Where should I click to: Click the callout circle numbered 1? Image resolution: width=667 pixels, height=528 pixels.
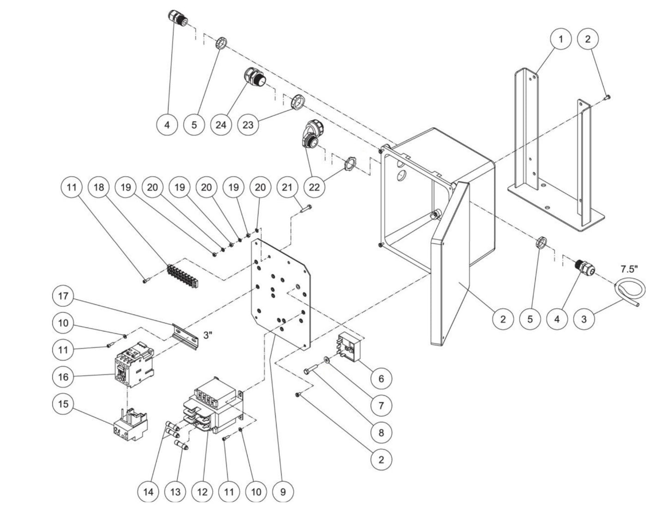561,39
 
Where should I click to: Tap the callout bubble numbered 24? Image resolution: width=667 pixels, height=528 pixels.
222,125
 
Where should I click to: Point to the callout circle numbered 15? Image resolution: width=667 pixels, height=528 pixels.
64,404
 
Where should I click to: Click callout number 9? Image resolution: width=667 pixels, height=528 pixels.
283,492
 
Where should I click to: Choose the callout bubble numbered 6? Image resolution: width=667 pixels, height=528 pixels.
381,378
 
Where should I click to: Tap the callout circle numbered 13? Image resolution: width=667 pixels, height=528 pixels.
175,492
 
